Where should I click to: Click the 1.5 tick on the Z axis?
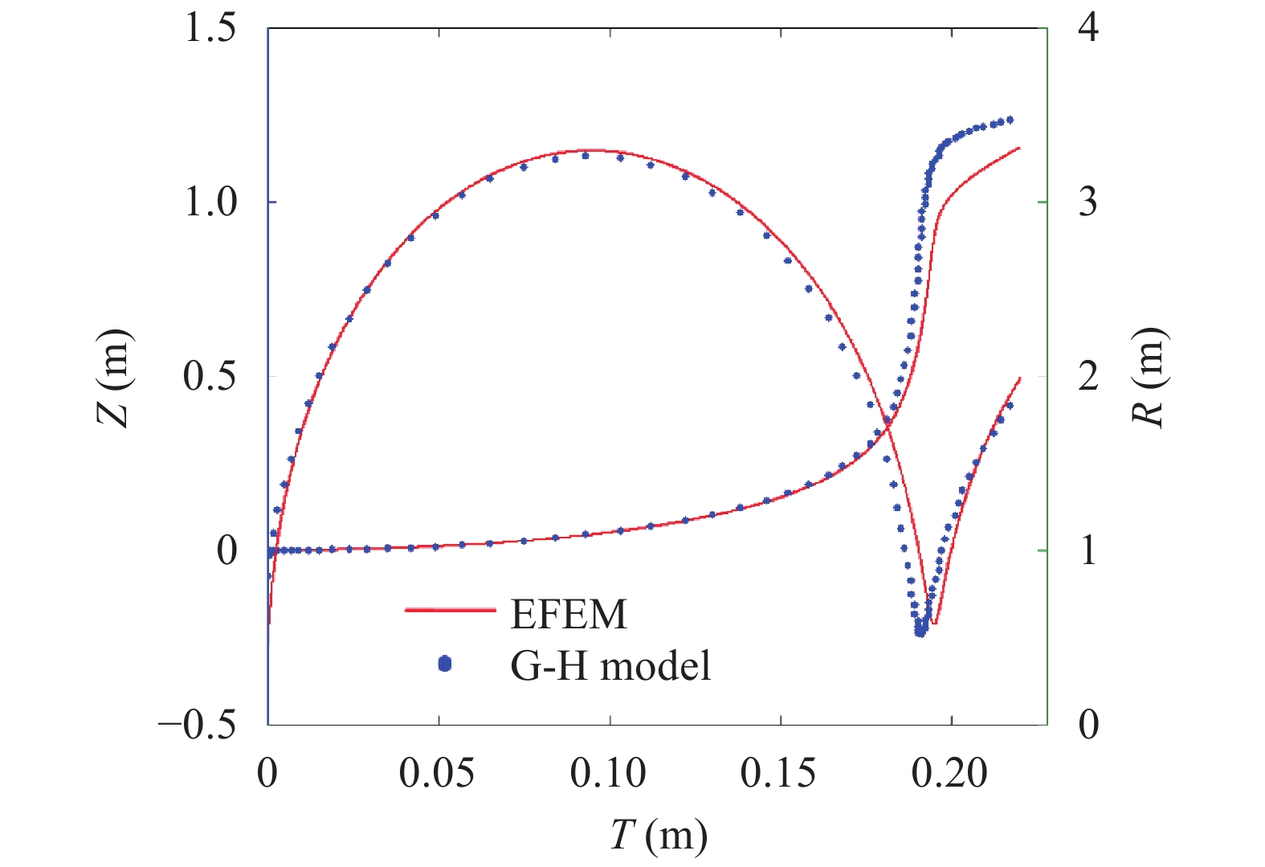coord(210,29)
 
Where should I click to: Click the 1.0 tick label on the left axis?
coord(210,202)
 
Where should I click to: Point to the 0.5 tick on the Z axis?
coord(210,376)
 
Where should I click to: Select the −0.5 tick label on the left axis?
coord(198,725)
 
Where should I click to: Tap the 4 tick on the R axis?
coord(1088,29)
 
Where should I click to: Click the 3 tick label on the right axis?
coord(1088,202)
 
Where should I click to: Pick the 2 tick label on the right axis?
coord(1088,376)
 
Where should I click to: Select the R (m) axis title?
coord(1149,377)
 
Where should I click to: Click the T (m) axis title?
coord(659,836)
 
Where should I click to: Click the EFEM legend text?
coord(569,615)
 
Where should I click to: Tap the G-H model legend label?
coord(610,666)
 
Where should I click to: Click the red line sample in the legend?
coord(450,611)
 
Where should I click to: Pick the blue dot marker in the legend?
coord(445,664)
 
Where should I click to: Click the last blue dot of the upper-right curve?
coord(1010,120)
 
